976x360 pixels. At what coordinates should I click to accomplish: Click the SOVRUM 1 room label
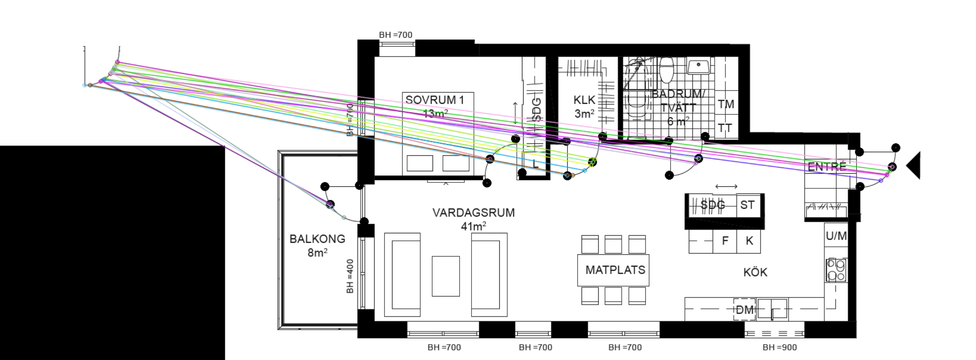[x=435, y=100]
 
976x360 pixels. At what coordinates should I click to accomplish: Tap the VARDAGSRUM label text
[x=474, y=213]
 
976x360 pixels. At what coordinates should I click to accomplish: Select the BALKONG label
[x=317, y=239]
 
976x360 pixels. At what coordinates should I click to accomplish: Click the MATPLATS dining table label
[x=615, y=270]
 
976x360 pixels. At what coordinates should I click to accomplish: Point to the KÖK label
[x=755, y=273]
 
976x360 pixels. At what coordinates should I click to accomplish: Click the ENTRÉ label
[x=827, y=167]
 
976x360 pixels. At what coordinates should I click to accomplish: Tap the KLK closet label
[x=584, y=100]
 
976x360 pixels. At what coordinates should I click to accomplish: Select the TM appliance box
[x=726, y=105]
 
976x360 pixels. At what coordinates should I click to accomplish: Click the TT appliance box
[x=725, y=128]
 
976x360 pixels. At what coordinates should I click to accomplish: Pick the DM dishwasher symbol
[x=744, y=310]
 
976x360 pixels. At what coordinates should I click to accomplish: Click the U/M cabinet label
[x=836, y=236]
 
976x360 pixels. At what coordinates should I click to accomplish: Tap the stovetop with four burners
[x=836, y=270]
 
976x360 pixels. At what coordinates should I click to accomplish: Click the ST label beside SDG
[x=747, y=205]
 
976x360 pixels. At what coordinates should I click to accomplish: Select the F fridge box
[x=725, y=241]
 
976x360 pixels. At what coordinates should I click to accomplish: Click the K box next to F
[x=749, y=241]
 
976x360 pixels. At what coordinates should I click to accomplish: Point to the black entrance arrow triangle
[x=914, y=165]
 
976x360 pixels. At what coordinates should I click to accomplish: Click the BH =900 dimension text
[x=779, y=347]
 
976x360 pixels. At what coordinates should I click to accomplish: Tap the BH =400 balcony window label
[x=350, y=276]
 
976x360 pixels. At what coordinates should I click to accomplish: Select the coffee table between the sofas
[x=446, y=276]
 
